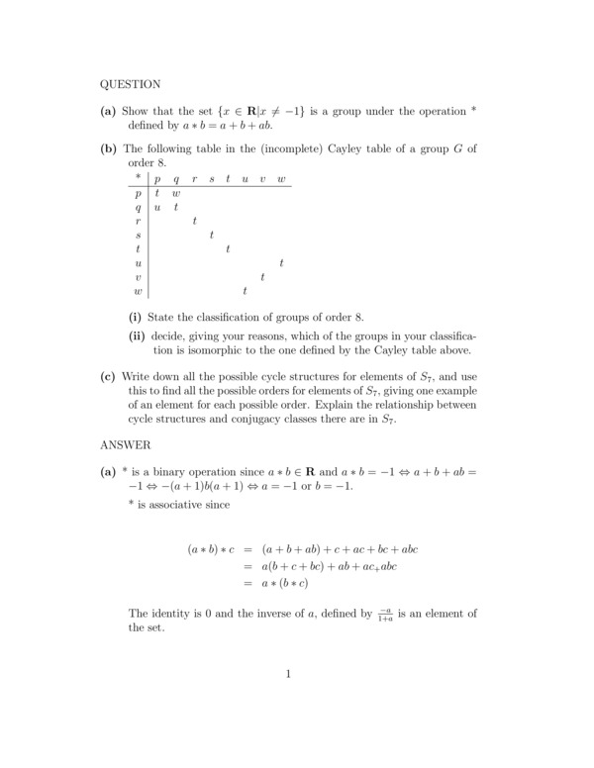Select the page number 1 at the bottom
point(288,675)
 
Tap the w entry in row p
point(176,194)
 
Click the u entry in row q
point(157,208)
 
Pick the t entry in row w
point(245,292)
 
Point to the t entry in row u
point(282,263)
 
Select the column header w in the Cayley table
point(282,179)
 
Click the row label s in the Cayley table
point(138,236)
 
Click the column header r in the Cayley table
point(194,179)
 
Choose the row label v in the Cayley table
point(138,278)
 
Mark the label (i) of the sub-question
point(135,317)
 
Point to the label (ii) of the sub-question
point(137,336)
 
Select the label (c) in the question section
point(108,376)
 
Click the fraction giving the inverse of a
point(385,615)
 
